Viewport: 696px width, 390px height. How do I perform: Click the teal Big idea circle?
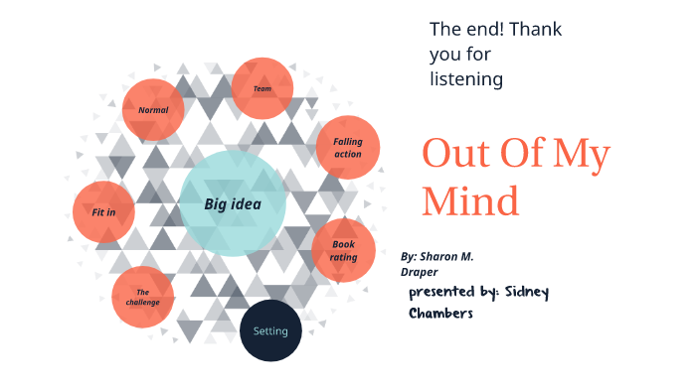point(233,203)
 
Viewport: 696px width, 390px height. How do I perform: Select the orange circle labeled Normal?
point(153,109)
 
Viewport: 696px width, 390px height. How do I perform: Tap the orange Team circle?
point(262,88)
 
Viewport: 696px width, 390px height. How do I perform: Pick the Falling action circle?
point(348,148)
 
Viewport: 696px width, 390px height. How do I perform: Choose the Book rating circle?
point(344,250)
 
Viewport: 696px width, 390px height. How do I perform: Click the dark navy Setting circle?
point(270,330)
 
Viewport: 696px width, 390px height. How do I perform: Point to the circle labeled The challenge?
point(143,297)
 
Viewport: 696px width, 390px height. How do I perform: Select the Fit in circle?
point(103,212)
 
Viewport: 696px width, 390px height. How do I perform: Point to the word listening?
point(466,78)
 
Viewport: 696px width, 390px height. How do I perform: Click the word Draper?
point(420,271)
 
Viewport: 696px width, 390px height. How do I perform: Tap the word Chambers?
point(440,314)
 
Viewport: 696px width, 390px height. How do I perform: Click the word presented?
point(442,292)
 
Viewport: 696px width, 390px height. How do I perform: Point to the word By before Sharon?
point(409,256)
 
